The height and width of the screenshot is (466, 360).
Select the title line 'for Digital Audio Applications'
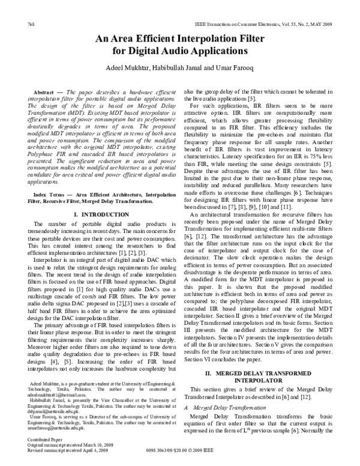pyautogui.click(x=179, y=52)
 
